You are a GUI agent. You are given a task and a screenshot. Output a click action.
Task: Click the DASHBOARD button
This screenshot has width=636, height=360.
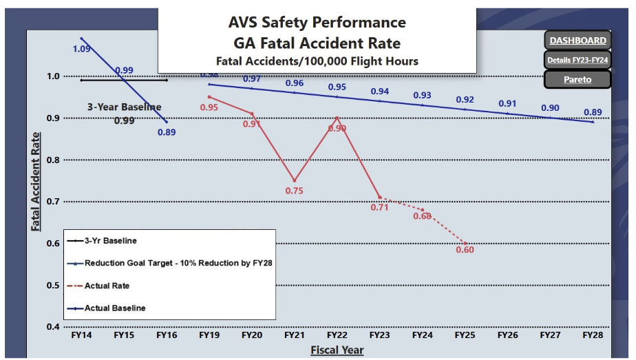pos(578,41)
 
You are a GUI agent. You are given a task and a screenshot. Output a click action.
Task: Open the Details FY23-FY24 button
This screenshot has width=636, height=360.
pos(578,60)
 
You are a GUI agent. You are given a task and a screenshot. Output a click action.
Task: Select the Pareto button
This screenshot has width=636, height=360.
pos(578,79)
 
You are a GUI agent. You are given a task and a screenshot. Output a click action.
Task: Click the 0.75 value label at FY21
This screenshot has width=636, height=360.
pos(294,191)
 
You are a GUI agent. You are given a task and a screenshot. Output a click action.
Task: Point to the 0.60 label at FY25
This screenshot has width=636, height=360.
pos(465,250)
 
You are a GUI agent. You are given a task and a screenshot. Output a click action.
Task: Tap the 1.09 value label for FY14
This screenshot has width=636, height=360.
pos(81,50)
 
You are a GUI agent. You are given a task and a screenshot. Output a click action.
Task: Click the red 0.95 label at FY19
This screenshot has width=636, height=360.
pos(209,107)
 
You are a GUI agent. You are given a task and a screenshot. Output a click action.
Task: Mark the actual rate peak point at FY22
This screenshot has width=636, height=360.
pos(337,117)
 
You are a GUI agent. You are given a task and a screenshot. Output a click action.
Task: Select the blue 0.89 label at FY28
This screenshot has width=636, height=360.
pos(592,112)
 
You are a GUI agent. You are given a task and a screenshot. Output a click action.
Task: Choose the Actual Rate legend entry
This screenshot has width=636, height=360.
pos(107,286)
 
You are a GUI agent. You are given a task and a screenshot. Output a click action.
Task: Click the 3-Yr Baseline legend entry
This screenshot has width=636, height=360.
pos(110,241)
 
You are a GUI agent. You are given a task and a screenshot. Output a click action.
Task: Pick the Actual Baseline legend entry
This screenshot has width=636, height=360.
pos(115,308)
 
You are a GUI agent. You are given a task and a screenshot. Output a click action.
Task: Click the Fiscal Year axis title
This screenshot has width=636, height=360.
pos(337,350)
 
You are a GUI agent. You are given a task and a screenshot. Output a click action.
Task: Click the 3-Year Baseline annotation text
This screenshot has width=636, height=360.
pos(124,107)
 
